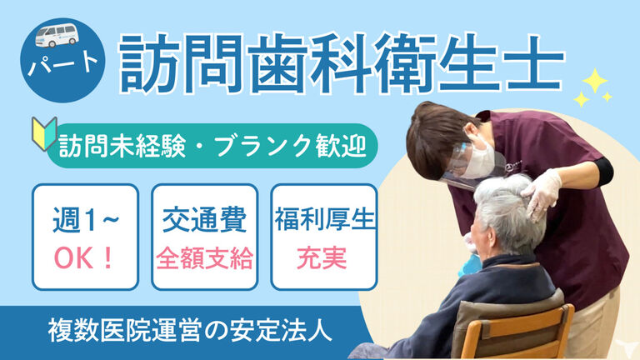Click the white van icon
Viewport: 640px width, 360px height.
pyautogui.click(x=57, y=35)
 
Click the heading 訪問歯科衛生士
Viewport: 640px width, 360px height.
pyautogui.click(x=342, y=64)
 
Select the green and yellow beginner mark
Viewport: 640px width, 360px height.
pyautogui.click(x=44, y=133)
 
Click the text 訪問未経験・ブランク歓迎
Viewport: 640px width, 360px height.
pyautogui.click(x=212, y=146)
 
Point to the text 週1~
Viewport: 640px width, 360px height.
pyautogui.click(x=85, y=220)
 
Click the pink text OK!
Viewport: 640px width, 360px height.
pyautogui.click(x=84, y=258)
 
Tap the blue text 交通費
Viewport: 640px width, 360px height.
pyautogui.click(x=204, y=219)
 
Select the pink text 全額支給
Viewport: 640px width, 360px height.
pyautogui.click(x=204, y=258)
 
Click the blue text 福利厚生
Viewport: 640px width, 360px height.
pyautogui.click(x=324, y=219)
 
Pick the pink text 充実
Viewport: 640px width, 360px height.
pyautogui.click(x=322, y=258)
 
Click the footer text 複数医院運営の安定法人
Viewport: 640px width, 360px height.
pyautogui.click(x=190, y=330)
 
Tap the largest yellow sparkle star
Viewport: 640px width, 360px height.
pyautogui.click(x=595, y=80)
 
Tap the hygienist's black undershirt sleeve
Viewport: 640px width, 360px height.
pyautogui.click(x=602, y=171)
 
